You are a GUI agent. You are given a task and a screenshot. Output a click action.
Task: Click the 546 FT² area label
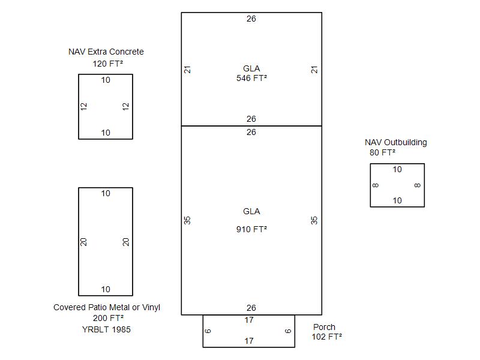point(251,78)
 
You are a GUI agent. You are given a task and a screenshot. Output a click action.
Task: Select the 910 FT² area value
point(251,229)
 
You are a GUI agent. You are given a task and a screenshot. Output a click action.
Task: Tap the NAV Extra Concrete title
point(106,52)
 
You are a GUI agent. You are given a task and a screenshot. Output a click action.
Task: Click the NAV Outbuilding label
point(396,143)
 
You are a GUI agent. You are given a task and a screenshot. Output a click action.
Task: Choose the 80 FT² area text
point(382,153)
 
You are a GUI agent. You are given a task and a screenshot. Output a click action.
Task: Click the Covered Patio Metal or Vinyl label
point(107,308)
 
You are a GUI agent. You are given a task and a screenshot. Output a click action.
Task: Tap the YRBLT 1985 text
point(106,329)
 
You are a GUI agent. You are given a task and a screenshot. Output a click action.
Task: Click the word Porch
point(325,328)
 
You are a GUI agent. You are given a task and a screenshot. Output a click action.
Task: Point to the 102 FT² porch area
point(326,337)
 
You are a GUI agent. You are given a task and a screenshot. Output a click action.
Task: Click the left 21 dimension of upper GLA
point(188,70)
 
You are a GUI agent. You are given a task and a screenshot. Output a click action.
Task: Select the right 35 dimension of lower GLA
point(314,220)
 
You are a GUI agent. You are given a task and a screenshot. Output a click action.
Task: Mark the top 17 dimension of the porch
point(249,320)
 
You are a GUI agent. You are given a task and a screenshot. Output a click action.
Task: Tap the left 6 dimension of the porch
point(208,331)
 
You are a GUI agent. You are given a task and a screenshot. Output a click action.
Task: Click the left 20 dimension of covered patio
point(85,242)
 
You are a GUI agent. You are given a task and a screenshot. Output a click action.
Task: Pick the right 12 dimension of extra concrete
point(126,106)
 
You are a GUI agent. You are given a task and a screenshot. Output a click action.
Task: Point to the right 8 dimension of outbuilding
point(418,185)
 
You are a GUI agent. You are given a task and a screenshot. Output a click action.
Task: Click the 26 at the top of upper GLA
point(251,19)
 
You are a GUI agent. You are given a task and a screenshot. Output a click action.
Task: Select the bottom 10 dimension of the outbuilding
point(397,201)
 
